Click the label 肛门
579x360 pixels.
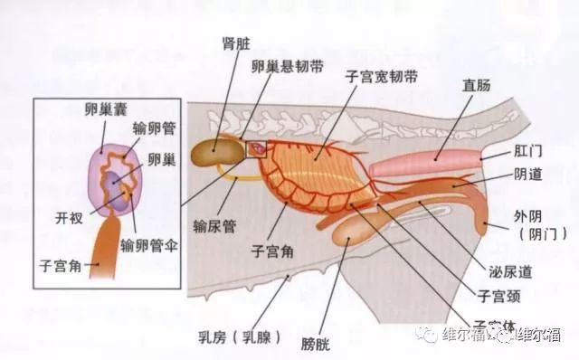pyautogui.click(x=526, y=153)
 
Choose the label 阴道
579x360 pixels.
pyautogui.click(x=527, y=178)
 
